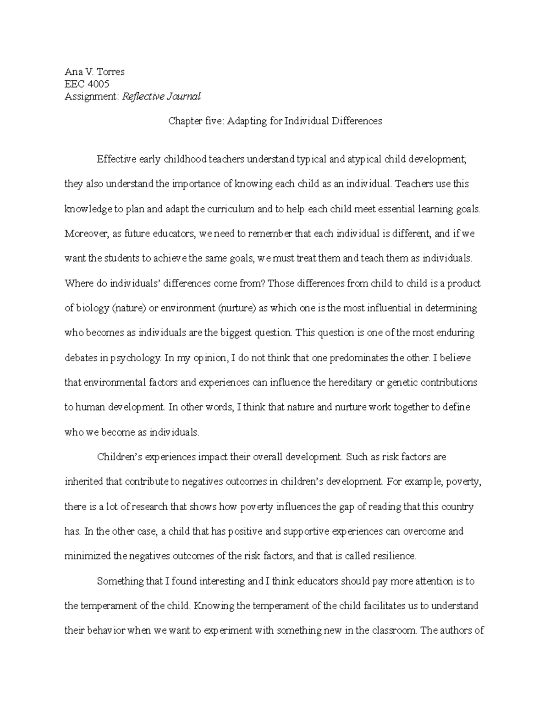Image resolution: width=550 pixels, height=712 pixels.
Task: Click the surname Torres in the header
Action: [x=110, y=72]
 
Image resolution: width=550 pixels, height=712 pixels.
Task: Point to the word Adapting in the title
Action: [x=246, y=121]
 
